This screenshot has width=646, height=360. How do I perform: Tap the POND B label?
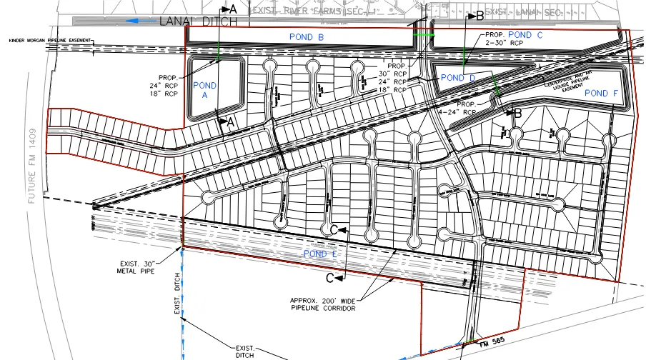307,36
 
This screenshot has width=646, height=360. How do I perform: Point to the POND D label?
458,77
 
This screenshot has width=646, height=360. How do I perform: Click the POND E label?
319,254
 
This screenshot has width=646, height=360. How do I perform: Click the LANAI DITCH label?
199,21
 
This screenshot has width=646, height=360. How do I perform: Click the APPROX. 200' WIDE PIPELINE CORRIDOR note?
323,304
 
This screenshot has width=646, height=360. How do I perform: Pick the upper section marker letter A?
232,9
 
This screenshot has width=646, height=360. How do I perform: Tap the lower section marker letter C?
330,276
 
